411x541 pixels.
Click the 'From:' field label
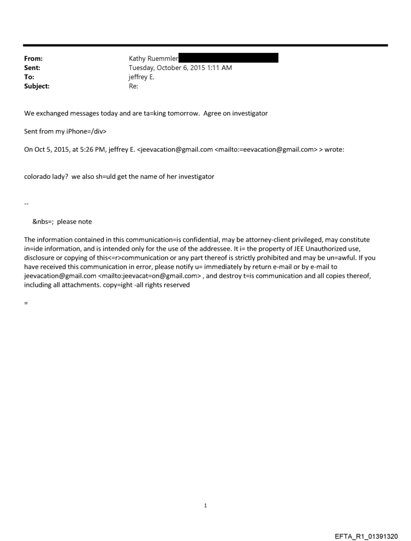[33, 58]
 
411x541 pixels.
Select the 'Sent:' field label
[32, 68]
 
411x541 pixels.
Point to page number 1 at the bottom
[205, 506]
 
